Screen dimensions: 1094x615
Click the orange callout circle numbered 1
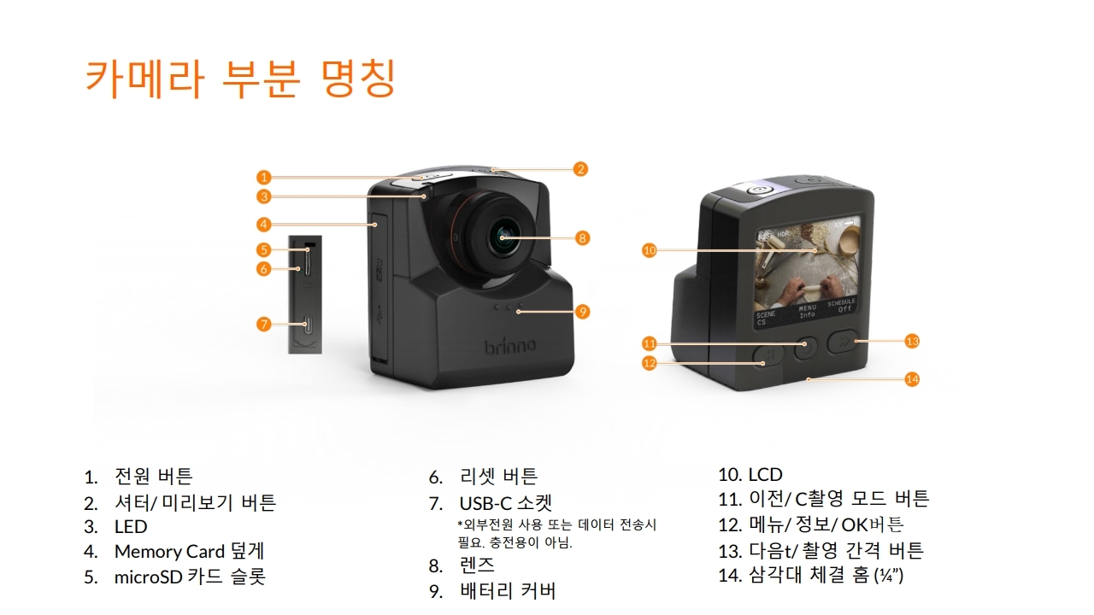click(264, 177)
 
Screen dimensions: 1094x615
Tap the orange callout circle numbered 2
click(580, 169)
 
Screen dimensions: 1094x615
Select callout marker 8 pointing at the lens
click(582, 238)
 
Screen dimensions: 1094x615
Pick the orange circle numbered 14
click(912, 379)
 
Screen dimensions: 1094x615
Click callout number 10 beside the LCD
click(649, 250)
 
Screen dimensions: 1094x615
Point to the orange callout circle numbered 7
click(264, 324)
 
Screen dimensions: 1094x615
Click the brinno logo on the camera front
click(510, 346)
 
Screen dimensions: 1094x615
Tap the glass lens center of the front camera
click(503, 237)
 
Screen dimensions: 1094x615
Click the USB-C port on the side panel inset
click(308, 325)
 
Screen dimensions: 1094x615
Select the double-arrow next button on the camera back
click(844, 341)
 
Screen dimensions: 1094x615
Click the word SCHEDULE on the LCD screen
click(842, 302)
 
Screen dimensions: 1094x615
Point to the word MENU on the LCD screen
click(808, 308)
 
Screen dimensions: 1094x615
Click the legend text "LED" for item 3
click(131, 527)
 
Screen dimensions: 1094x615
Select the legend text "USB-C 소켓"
click(505, 503)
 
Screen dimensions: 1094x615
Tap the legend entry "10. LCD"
click(750, 474)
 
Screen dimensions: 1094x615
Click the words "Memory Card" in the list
click(169, 552)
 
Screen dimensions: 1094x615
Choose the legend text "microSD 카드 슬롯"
click(190, 577)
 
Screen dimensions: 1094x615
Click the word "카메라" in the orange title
click(144, 78)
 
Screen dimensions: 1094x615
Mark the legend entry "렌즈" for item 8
click(477, 565)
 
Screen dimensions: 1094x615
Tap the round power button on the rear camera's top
click(758, 190)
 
